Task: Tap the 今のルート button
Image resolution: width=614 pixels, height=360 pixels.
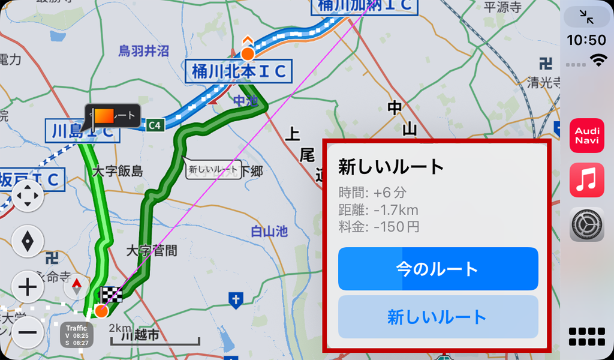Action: click(x=438, y=269)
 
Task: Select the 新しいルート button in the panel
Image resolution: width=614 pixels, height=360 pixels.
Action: click(x=438, y=317)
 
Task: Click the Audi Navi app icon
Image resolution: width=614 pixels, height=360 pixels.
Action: click(x=586, y=136)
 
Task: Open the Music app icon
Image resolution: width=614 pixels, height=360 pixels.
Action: click(x=586, y=180)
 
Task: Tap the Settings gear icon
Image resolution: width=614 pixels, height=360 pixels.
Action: click(x=586, y=224)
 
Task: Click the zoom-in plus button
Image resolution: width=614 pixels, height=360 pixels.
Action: click(x=28, y=288)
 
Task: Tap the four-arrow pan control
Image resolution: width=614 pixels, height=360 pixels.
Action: click(x=28, y=196)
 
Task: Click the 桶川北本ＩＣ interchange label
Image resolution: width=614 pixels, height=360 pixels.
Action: click(x=239, y=72)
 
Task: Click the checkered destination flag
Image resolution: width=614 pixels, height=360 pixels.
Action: click(x=112, y=295)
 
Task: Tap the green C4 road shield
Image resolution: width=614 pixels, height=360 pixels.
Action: click(x=155, y=125)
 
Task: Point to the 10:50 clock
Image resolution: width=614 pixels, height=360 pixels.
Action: click(x=586, y=40)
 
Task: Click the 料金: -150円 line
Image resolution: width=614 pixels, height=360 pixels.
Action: click(x=379, y=227)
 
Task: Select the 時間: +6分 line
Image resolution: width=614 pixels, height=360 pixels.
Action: click(x=372, y=193)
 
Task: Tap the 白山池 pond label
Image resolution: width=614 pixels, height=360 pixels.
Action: click(x=269, y=231)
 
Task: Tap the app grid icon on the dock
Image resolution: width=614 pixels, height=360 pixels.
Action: click(x=586, y=337)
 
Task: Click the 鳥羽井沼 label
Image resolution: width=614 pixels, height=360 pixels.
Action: click(x=143, y=51)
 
